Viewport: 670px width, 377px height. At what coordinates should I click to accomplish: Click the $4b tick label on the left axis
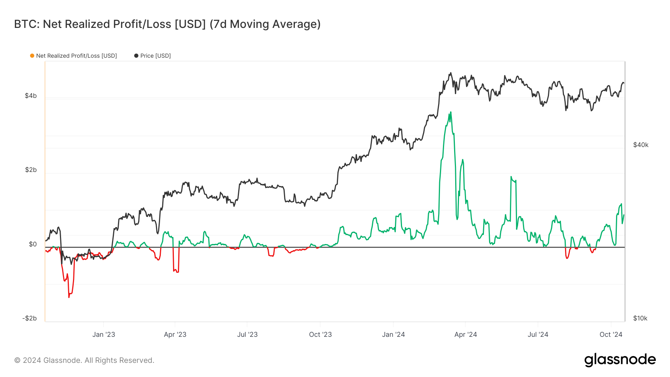31,96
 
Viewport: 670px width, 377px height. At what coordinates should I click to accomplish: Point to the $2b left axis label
31,170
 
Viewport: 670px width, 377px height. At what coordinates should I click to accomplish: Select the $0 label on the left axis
33,244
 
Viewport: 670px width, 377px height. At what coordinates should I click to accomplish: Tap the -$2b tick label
29,318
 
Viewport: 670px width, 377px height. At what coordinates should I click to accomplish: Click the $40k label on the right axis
641,145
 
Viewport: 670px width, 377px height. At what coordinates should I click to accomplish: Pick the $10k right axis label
640,318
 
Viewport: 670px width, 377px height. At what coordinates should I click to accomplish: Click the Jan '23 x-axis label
103,334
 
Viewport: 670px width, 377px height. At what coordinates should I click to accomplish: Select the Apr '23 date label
175,334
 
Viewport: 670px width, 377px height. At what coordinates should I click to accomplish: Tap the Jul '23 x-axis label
247,334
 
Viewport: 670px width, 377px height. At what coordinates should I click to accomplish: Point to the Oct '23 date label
320,334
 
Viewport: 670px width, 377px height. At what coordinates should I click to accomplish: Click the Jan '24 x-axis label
393,334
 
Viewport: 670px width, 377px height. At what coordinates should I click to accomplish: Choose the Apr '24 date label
465,334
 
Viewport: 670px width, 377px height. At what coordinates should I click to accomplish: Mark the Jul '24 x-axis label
537,334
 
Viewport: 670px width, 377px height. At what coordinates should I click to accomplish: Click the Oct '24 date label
610,334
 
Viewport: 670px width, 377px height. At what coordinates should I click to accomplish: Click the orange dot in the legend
32,56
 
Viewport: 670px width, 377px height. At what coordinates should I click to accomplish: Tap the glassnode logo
620,360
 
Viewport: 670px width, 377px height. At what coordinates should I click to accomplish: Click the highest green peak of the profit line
451,112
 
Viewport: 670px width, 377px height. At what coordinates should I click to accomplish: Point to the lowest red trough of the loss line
69,297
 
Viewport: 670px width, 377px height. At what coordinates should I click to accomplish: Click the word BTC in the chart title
26,24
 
